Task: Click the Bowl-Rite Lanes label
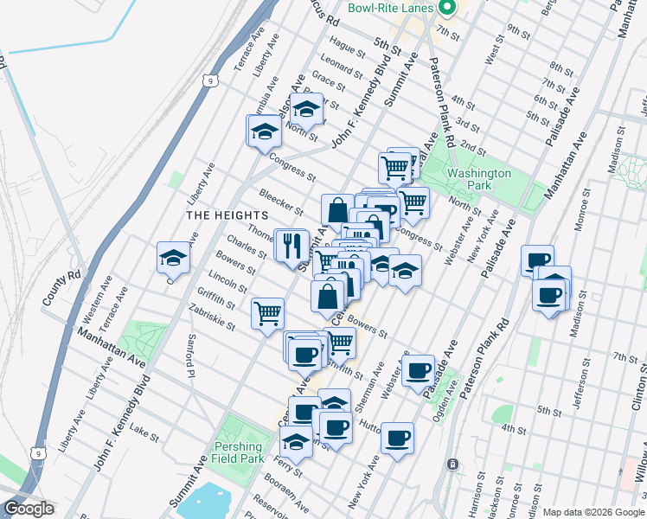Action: (390, 8)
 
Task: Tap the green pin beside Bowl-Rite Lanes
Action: (446, 9)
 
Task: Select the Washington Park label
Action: (479, 179)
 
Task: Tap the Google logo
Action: (28, 509)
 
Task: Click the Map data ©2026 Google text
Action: (593, 512)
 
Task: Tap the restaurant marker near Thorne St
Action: (291, 245)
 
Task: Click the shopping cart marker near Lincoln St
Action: (268, 313)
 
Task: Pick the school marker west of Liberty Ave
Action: (173, 258)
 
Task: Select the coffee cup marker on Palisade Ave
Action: (419, 371)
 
